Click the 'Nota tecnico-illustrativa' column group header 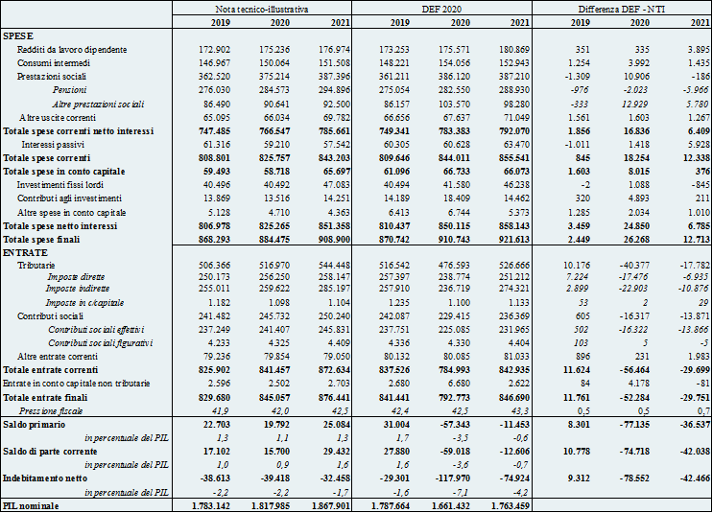(x=261, y=9)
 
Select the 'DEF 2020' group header (x=441, y=9)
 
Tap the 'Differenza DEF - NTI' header (x=622, y=9)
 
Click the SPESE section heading (x=18, y=35)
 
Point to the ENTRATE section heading (x=25, y=252)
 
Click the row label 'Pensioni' (x=69, y=90)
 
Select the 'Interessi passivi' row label (x=53, y=145)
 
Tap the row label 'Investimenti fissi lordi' (x=60, y=185)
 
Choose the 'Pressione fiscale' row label (x=51, y=411)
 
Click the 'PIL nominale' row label (x=31, y=505)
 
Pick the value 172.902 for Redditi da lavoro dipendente (x=215, y=50)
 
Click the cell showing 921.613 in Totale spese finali (x=513, y=240)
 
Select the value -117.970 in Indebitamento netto (x=452, y=478)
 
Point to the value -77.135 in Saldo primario (x=633, y=425)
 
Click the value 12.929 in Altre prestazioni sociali (x=635, y=105)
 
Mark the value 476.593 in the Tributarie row (x=454, y=265)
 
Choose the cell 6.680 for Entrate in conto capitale (x=458, y=384)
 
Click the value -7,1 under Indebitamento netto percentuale (x=463, y=493)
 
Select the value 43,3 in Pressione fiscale (x=521, y=411)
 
